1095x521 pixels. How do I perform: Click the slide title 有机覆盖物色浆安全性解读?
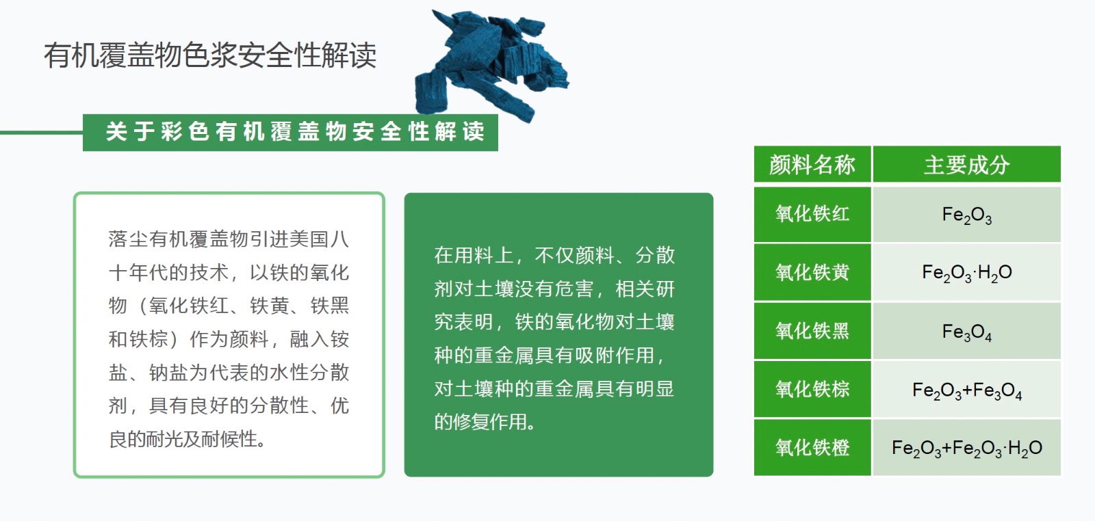[x=210, y=55]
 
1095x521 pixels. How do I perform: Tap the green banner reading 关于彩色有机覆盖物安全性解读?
[x=290, y=133]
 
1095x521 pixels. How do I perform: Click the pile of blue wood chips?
[x=491, y=64]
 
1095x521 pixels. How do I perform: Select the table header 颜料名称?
[x=812, y=165]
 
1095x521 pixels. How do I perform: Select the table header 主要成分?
[x=966, y=165]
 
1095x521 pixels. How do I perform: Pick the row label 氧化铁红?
[x=812, y=215]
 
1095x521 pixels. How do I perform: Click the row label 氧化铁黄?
[x=812, y=272]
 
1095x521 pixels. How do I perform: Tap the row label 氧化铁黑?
[x=812, y=331]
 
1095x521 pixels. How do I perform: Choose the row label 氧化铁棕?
[x=812, y=389]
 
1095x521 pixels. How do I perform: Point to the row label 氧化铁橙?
[x=812, y=447]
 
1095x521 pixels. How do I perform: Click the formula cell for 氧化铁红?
[x=966, y=215]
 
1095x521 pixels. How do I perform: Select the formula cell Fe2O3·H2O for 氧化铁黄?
[x=966, y=272]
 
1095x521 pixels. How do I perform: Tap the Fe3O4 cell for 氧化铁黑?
[x=966, y=331]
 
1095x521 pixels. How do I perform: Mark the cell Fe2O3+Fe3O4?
[x=966, y=389]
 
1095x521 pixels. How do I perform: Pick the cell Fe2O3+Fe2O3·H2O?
[x=966, y=447]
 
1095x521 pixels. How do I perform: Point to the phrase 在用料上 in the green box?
[x=474, y=256]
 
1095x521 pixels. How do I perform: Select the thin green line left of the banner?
[x=42, y=133]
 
